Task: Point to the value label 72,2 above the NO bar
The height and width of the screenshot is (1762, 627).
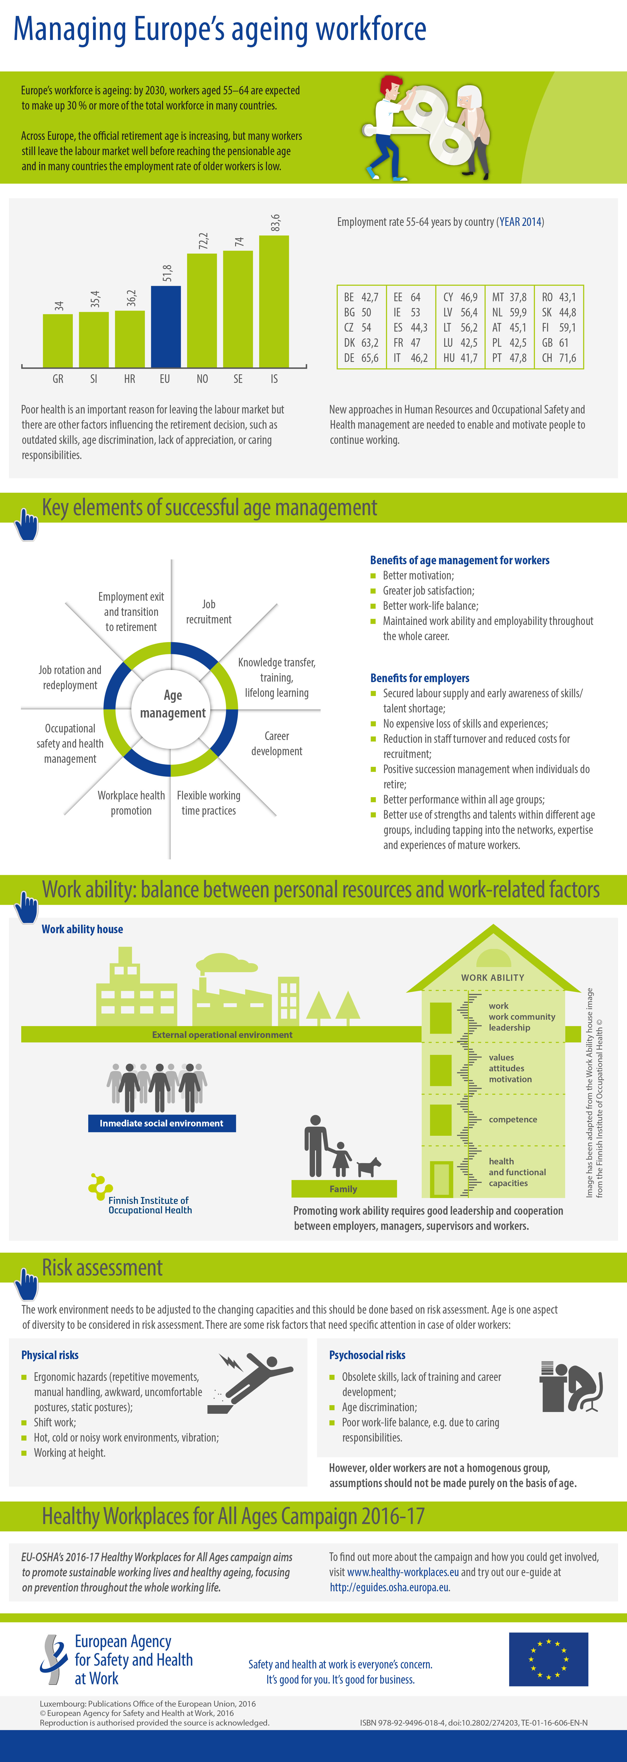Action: point(203,241)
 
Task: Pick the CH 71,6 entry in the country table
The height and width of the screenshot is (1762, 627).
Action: point(559,358)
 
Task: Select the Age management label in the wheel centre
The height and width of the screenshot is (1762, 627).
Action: point(173,704)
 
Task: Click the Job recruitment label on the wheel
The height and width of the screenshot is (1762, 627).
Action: point(209,612)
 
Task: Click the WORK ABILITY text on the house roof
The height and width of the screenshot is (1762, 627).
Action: point(492,977)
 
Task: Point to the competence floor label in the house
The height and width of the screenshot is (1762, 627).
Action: point(513,1119)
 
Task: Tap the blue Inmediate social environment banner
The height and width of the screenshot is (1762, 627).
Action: point(162,1123)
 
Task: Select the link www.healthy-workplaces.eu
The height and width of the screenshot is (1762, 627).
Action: point(403,1572)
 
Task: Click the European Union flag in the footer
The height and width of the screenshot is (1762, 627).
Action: point(548,1659)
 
